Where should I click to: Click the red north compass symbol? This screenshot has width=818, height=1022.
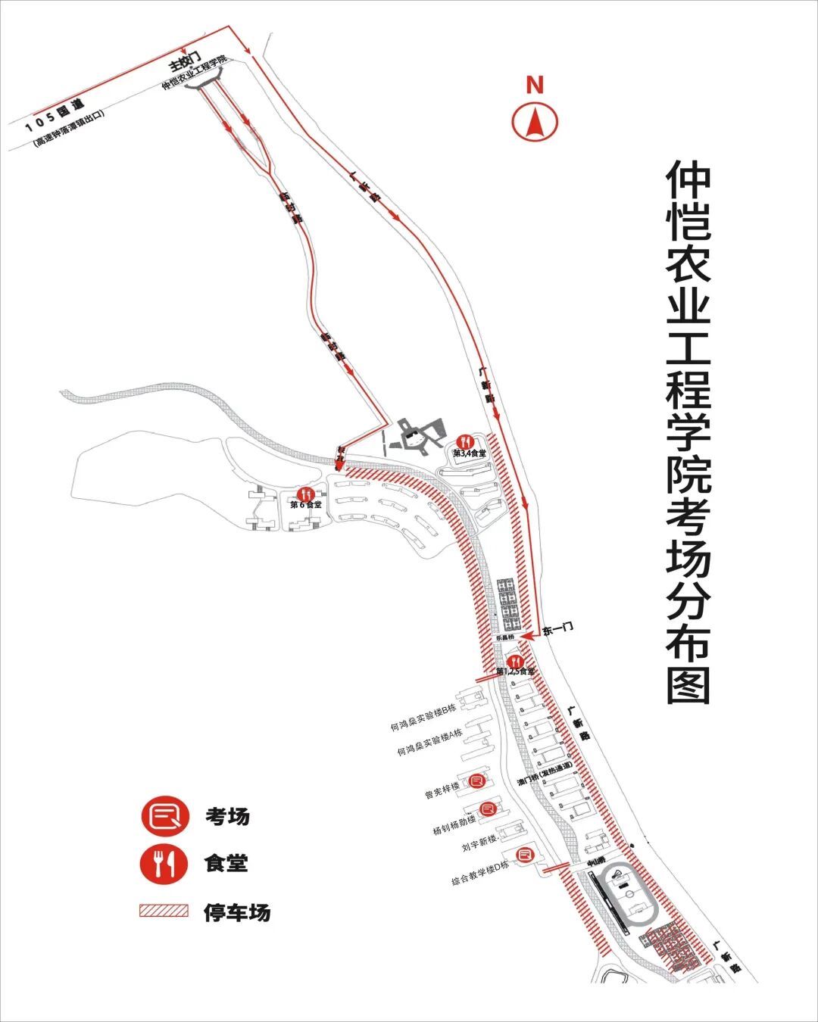pos(535,120)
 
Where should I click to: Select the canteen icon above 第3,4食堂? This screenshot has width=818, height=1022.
pos(466,441)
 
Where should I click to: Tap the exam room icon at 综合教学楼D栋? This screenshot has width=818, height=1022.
pos(524,855)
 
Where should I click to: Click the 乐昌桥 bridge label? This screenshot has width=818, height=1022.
pos(504,638)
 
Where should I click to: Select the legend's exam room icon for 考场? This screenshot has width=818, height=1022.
pos(164,816)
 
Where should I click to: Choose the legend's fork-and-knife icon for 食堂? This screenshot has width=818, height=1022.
pos(164,863)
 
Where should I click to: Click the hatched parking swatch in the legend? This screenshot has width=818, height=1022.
pos(164,911)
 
